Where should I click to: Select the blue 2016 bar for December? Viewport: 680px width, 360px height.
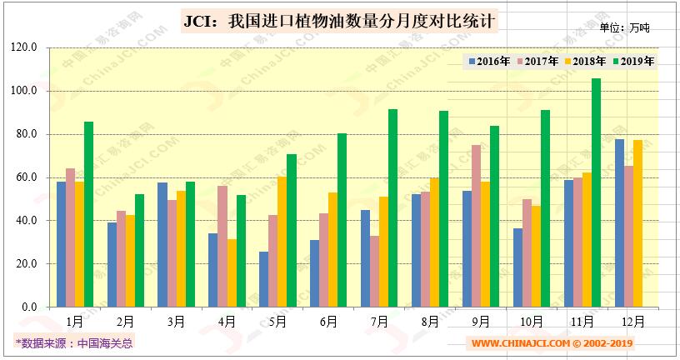619,222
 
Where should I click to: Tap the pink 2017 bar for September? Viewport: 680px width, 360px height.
476,226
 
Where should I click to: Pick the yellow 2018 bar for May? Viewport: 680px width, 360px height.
282,242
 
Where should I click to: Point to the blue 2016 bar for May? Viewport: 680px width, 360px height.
263,279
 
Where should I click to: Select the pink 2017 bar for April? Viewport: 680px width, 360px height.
222,246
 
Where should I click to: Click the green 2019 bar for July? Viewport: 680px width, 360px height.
392,207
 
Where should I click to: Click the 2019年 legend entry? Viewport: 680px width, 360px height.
633,61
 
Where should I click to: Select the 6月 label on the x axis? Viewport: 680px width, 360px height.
327,321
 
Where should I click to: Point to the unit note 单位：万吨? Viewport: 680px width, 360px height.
624,27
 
